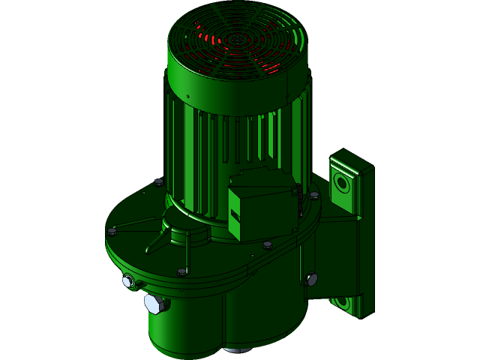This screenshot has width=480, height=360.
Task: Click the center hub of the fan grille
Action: (238, 38)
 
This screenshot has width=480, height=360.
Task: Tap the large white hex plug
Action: (154, 304)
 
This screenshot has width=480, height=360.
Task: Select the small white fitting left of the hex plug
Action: (127, 281)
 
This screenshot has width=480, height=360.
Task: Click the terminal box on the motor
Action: (262, 204)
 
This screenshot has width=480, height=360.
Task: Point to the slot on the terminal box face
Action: (235, 217)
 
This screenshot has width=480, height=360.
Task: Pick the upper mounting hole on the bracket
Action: (342, 182)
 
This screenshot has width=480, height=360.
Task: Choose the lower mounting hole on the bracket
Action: (342, 302)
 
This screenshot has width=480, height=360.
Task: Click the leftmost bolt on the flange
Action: (112, 232)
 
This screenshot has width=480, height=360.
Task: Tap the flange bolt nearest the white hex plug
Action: (181, 271)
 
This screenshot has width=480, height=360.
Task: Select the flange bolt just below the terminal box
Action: (267, 244)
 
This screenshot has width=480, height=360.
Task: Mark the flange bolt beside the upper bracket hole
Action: (314, 195)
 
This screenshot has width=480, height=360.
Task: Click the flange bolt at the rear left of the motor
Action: (158, 181)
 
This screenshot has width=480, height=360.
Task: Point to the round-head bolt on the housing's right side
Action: (311, 279)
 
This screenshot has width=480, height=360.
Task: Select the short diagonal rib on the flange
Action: (158, 242)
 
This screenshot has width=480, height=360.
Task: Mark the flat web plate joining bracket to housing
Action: (330, 255)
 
